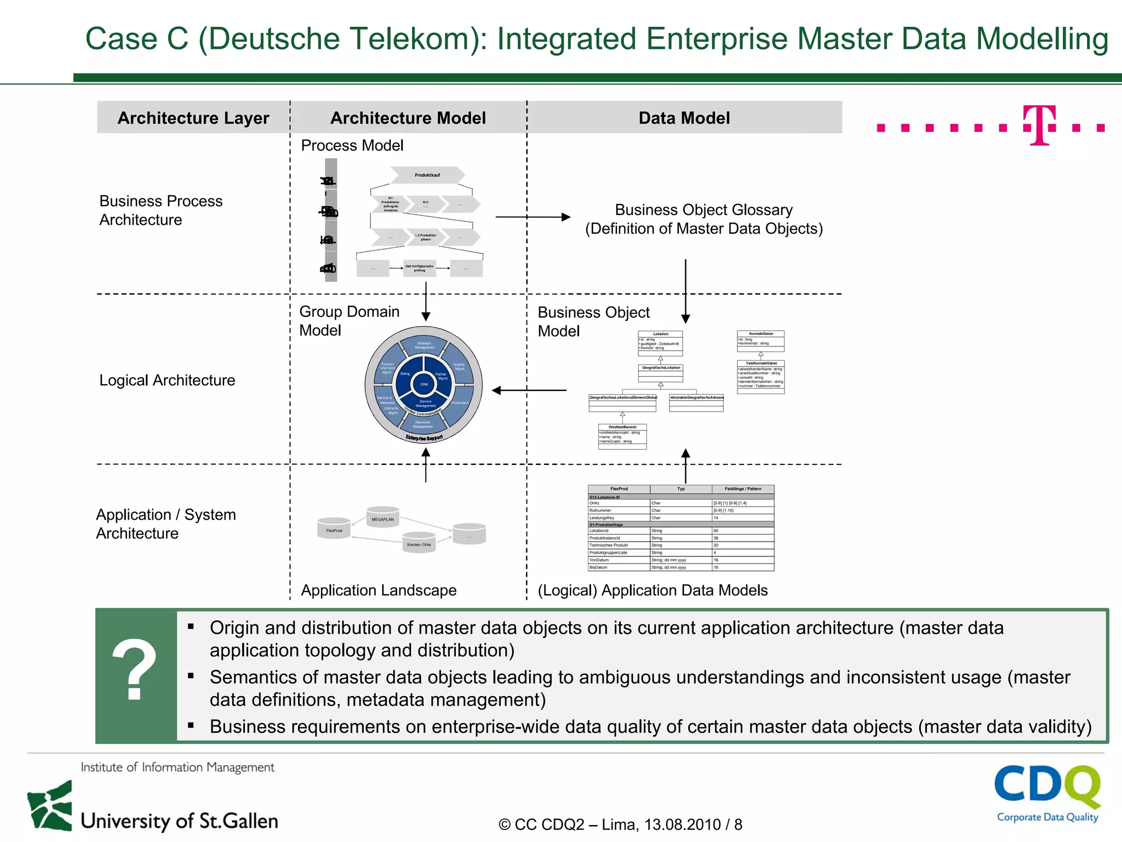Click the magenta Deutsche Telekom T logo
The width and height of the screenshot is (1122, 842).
1039,126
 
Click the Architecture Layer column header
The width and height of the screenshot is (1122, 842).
193,118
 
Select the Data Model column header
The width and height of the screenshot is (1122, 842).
684,118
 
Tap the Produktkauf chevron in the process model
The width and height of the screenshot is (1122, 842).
427,175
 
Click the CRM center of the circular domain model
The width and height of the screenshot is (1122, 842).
423,384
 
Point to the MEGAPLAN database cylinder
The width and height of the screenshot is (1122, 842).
382,517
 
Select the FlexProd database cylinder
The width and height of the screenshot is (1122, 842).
334,528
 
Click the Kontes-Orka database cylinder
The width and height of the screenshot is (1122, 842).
419,543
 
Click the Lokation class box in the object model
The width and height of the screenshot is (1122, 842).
660,343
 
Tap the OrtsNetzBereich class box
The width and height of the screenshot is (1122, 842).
622,436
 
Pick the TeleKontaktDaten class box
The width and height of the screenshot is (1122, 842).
761,376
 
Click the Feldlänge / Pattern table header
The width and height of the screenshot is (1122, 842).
742,489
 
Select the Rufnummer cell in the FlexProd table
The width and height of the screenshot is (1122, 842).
618,510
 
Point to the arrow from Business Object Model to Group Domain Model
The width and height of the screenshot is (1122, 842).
529,390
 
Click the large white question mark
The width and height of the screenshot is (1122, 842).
134,670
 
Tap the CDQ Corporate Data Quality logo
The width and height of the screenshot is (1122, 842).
1047,793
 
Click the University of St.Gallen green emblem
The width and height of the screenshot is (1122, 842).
50,805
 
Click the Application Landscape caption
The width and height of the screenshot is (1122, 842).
379,590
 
